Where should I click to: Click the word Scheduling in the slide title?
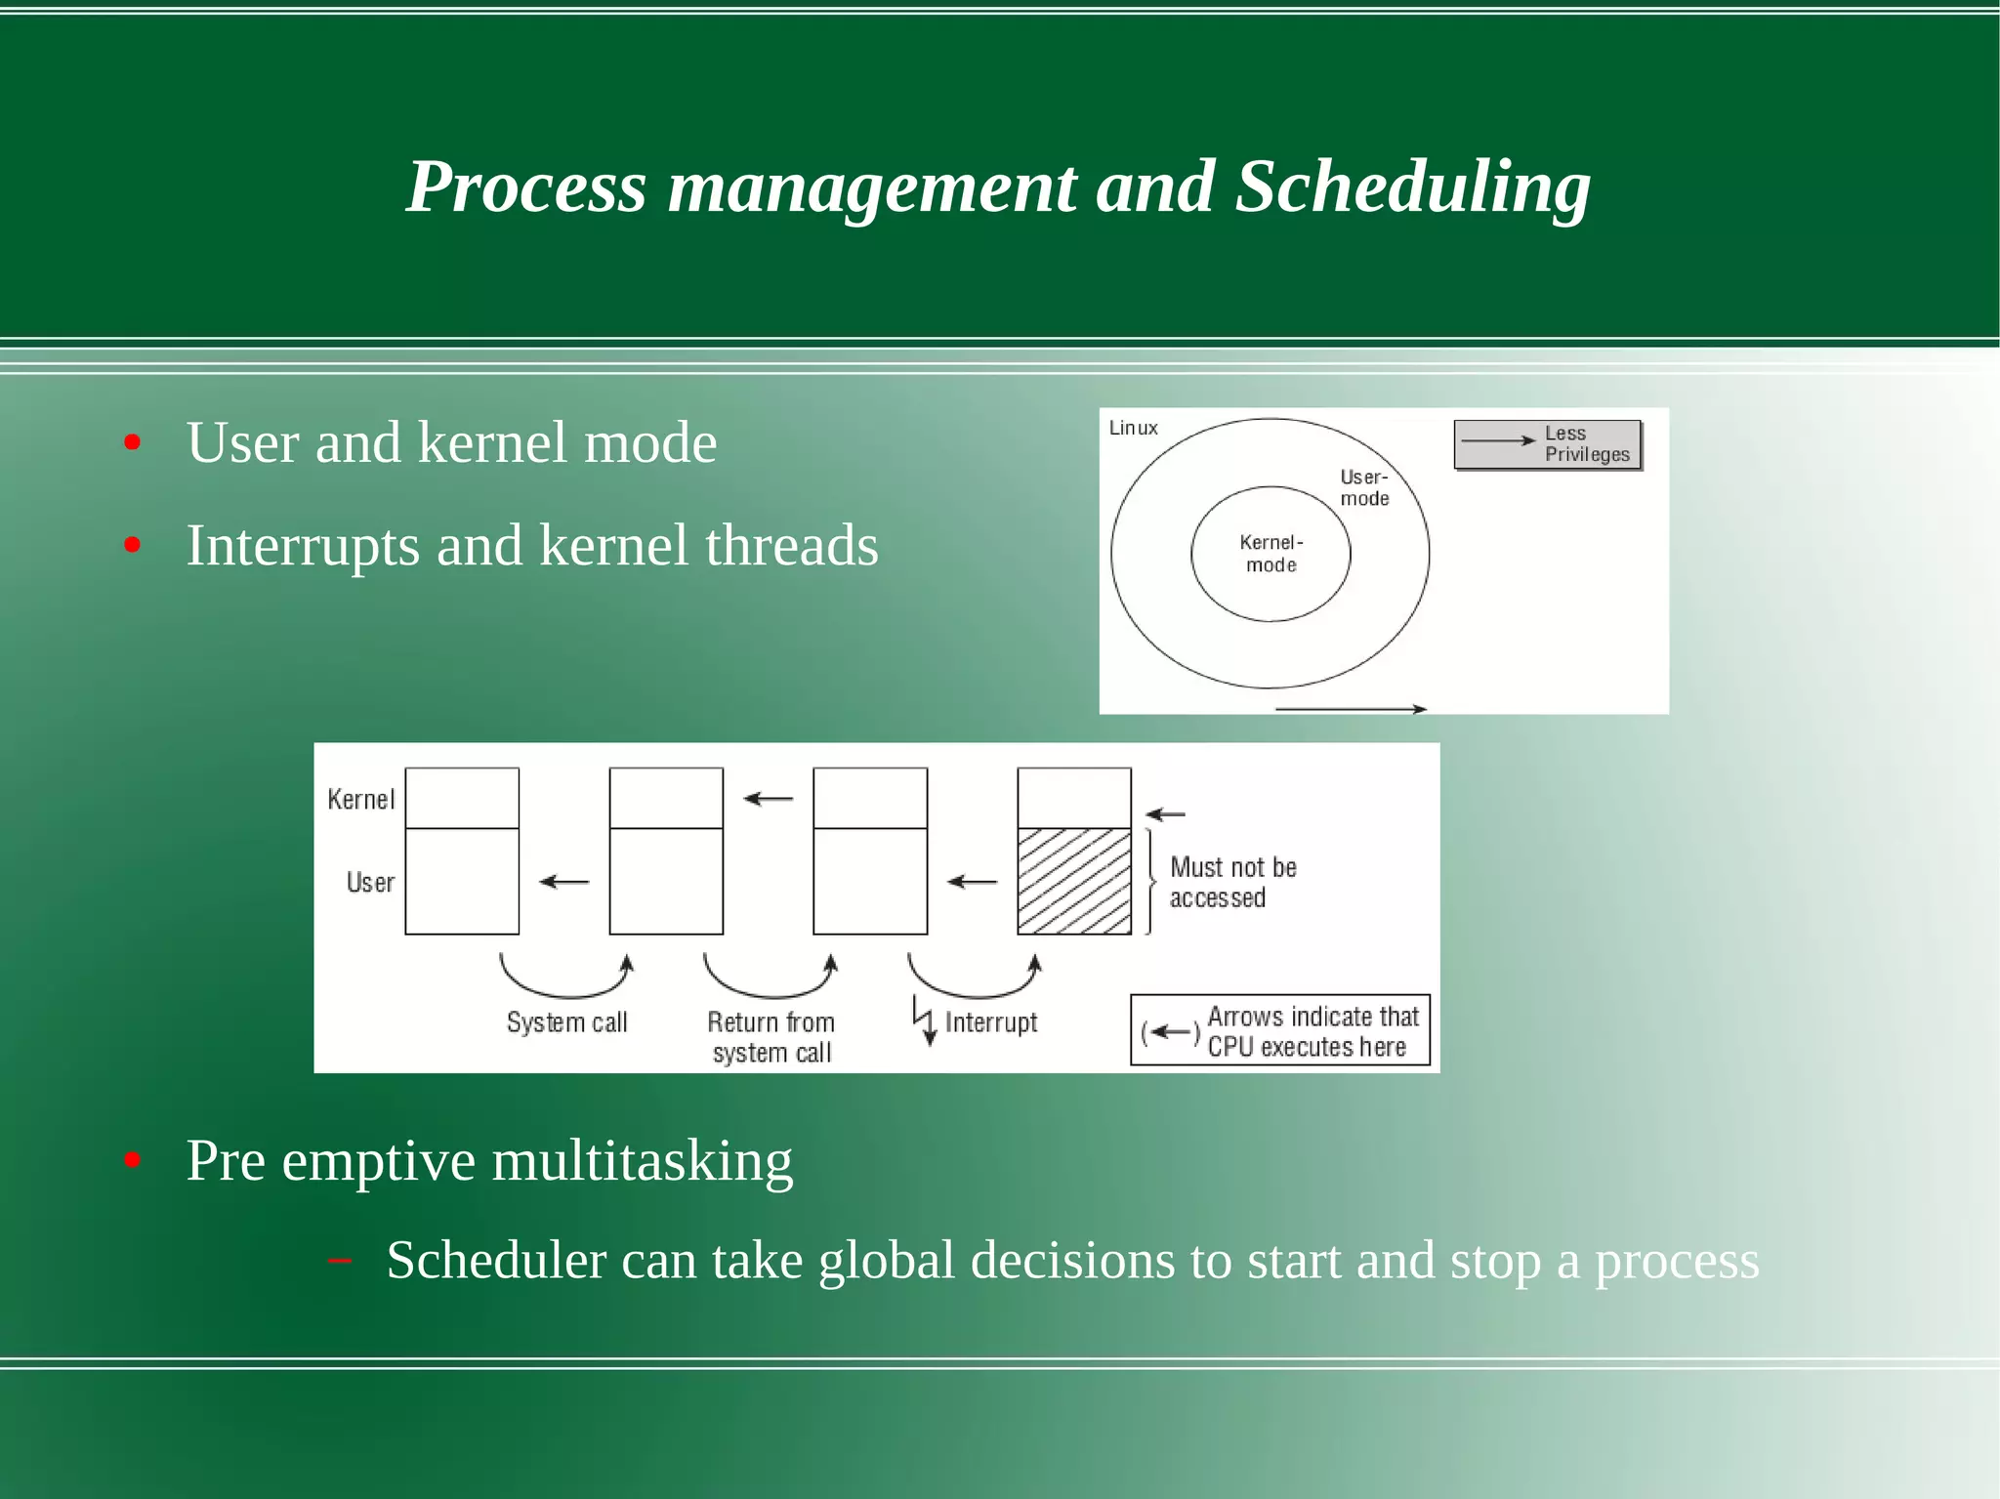tap(1412, 187)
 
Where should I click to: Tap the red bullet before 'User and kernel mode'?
tap(133, 443)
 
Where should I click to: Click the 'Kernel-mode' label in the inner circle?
tap(1271, 554)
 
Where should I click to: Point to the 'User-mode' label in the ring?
tap(1364, 487)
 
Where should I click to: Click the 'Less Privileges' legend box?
tap(1548, 444)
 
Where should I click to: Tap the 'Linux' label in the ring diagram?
tap(1133, 428)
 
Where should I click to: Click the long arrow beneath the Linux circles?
tap(1351, 708)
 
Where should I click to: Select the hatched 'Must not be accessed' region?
tap(1073, 881)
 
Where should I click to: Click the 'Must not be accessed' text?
tap(1232, 882)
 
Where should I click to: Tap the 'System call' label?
tap(566, 1022)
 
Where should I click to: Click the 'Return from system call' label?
tap(771, 1037)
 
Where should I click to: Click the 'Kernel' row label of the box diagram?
tap(360, 800)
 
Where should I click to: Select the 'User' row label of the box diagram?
tap(370, 883)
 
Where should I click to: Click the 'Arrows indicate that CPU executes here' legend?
tap(1280, 1031)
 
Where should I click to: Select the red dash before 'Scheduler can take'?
tap(340, 1262)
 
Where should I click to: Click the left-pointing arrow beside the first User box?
tap(563, 882)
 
